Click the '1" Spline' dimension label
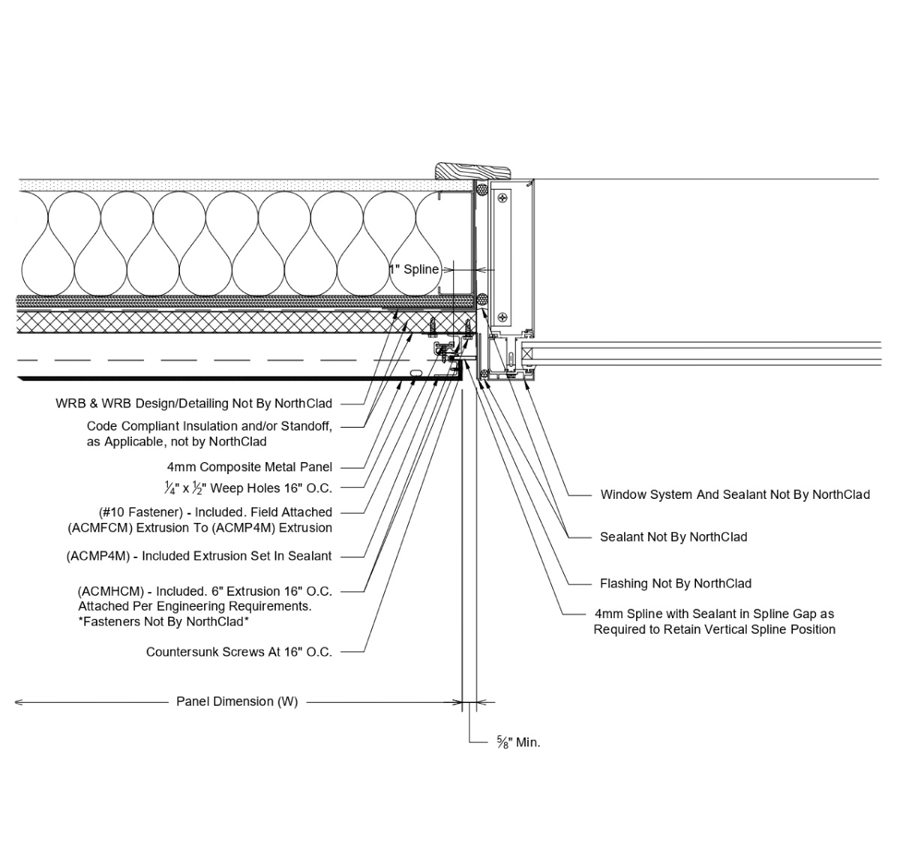click(414, 269)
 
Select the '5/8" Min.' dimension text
click(518, 743)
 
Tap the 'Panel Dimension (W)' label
click(237, 701)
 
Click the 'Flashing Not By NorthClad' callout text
click(675, 583)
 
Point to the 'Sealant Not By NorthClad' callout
click(673, 537)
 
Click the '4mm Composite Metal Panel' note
click(250, 467)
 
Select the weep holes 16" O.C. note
click(248, 488)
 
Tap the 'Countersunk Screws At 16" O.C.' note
click(239, 652)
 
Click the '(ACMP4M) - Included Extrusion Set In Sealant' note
click(199, 556)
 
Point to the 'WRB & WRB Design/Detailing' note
click(193, 404)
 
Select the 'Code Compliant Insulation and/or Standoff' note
click(209, 426)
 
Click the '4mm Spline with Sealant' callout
click(714, 614)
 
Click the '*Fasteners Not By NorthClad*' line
click(163, 621)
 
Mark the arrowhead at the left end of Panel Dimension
click(18, 702)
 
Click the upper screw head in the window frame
click(501, 198)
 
